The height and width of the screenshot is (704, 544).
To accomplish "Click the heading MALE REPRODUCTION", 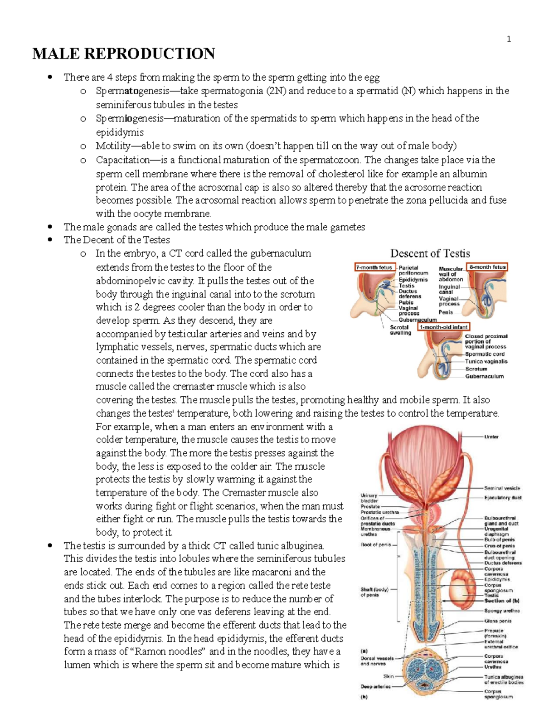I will pyautogui.click(x=123, y=54).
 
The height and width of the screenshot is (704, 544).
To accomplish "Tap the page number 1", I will pyautogui.click(x=509, y=39).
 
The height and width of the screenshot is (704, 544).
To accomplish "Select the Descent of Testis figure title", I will pyautogui.click(x=430, y=253).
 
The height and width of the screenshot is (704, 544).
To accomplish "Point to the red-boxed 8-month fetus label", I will pyautogui.click(x=487, y=267).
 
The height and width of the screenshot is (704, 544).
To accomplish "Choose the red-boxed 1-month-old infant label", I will pyautogui.click(x=444, y=326).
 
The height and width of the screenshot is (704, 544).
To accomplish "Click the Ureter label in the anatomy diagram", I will pyautogui.click(x=491, y=437).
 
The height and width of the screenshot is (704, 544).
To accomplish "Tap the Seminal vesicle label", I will pyautogui.click(x=502, y=488).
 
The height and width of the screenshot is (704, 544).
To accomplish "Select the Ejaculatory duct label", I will pyautogui.click(x=503, y=498).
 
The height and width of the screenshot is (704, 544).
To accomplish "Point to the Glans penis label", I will pyautogui.click(x=498, y=621).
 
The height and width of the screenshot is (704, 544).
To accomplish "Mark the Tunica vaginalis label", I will pyautogui.click(x=486, y=362).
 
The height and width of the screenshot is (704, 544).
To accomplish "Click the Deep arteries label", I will pyautogui.click(x=375, y=686).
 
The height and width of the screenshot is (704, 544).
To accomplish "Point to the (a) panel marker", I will pyautogui.click(x=364, y=650).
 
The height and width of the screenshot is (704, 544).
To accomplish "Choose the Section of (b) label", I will pyautogui.click(x=502, y=601).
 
